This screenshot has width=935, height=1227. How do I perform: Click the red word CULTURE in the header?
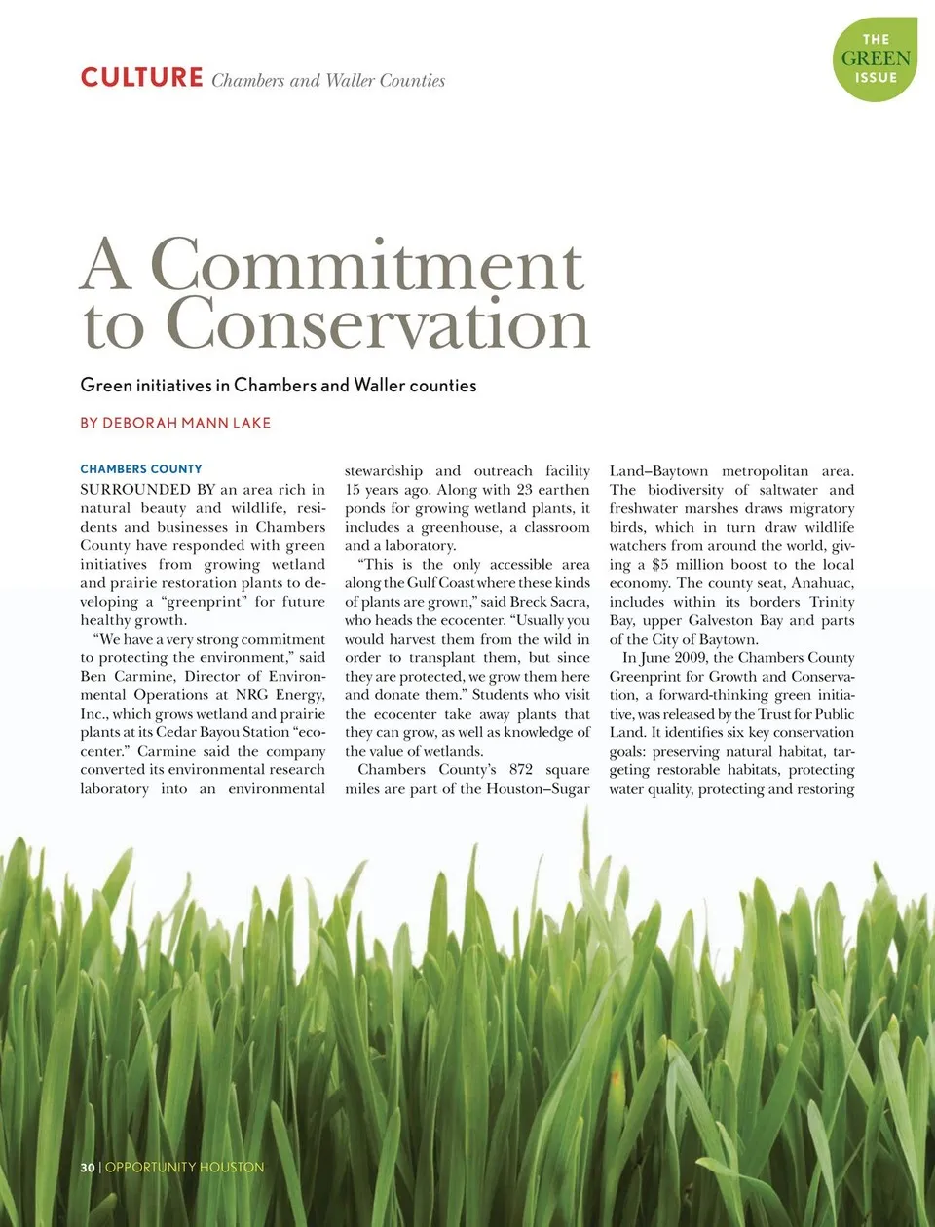(141, 78)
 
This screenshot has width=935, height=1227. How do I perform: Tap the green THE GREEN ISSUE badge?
(875, 58)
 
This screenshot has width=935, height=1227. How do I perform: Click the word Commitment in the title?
(366, 265)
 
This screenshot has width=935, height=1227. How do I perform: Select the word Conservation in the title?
(378, 324)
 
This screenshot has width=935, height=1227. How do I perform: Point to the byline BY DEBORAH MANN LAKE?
(175, 423)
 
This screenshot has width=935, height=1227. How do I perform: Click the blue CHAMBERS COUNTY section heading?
(141, 469)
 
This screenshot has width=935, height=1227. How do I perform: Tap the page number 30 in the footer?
(87, 1167)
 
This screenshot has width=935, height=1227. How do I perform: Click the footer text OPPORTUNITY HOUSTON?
(184, 1167)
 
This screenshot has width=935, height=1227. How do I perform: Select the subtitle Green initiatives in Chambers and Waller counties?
(279, 386)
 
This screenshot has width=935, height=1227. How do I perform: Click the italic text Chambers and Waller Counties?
(328, 81)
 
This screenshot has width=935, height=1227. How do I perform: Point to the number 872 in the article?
(521, 769)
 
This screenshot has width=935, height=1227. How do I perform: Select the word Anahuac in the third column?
(822, 583)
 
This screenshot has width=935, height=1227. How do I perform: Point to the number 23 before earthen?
(524, 490)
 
